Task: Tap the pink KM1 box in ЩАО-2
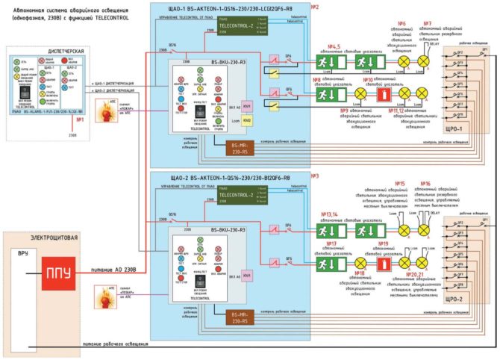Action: point(247,276)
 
